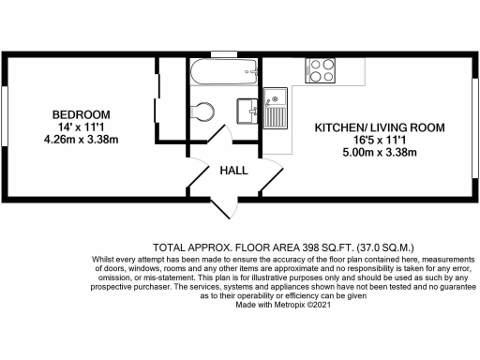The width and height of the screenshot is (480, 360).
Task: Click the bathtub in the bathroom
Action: [223, 72]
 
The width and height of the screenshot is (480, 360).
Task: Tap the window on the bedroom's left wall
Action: [5, 123]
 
